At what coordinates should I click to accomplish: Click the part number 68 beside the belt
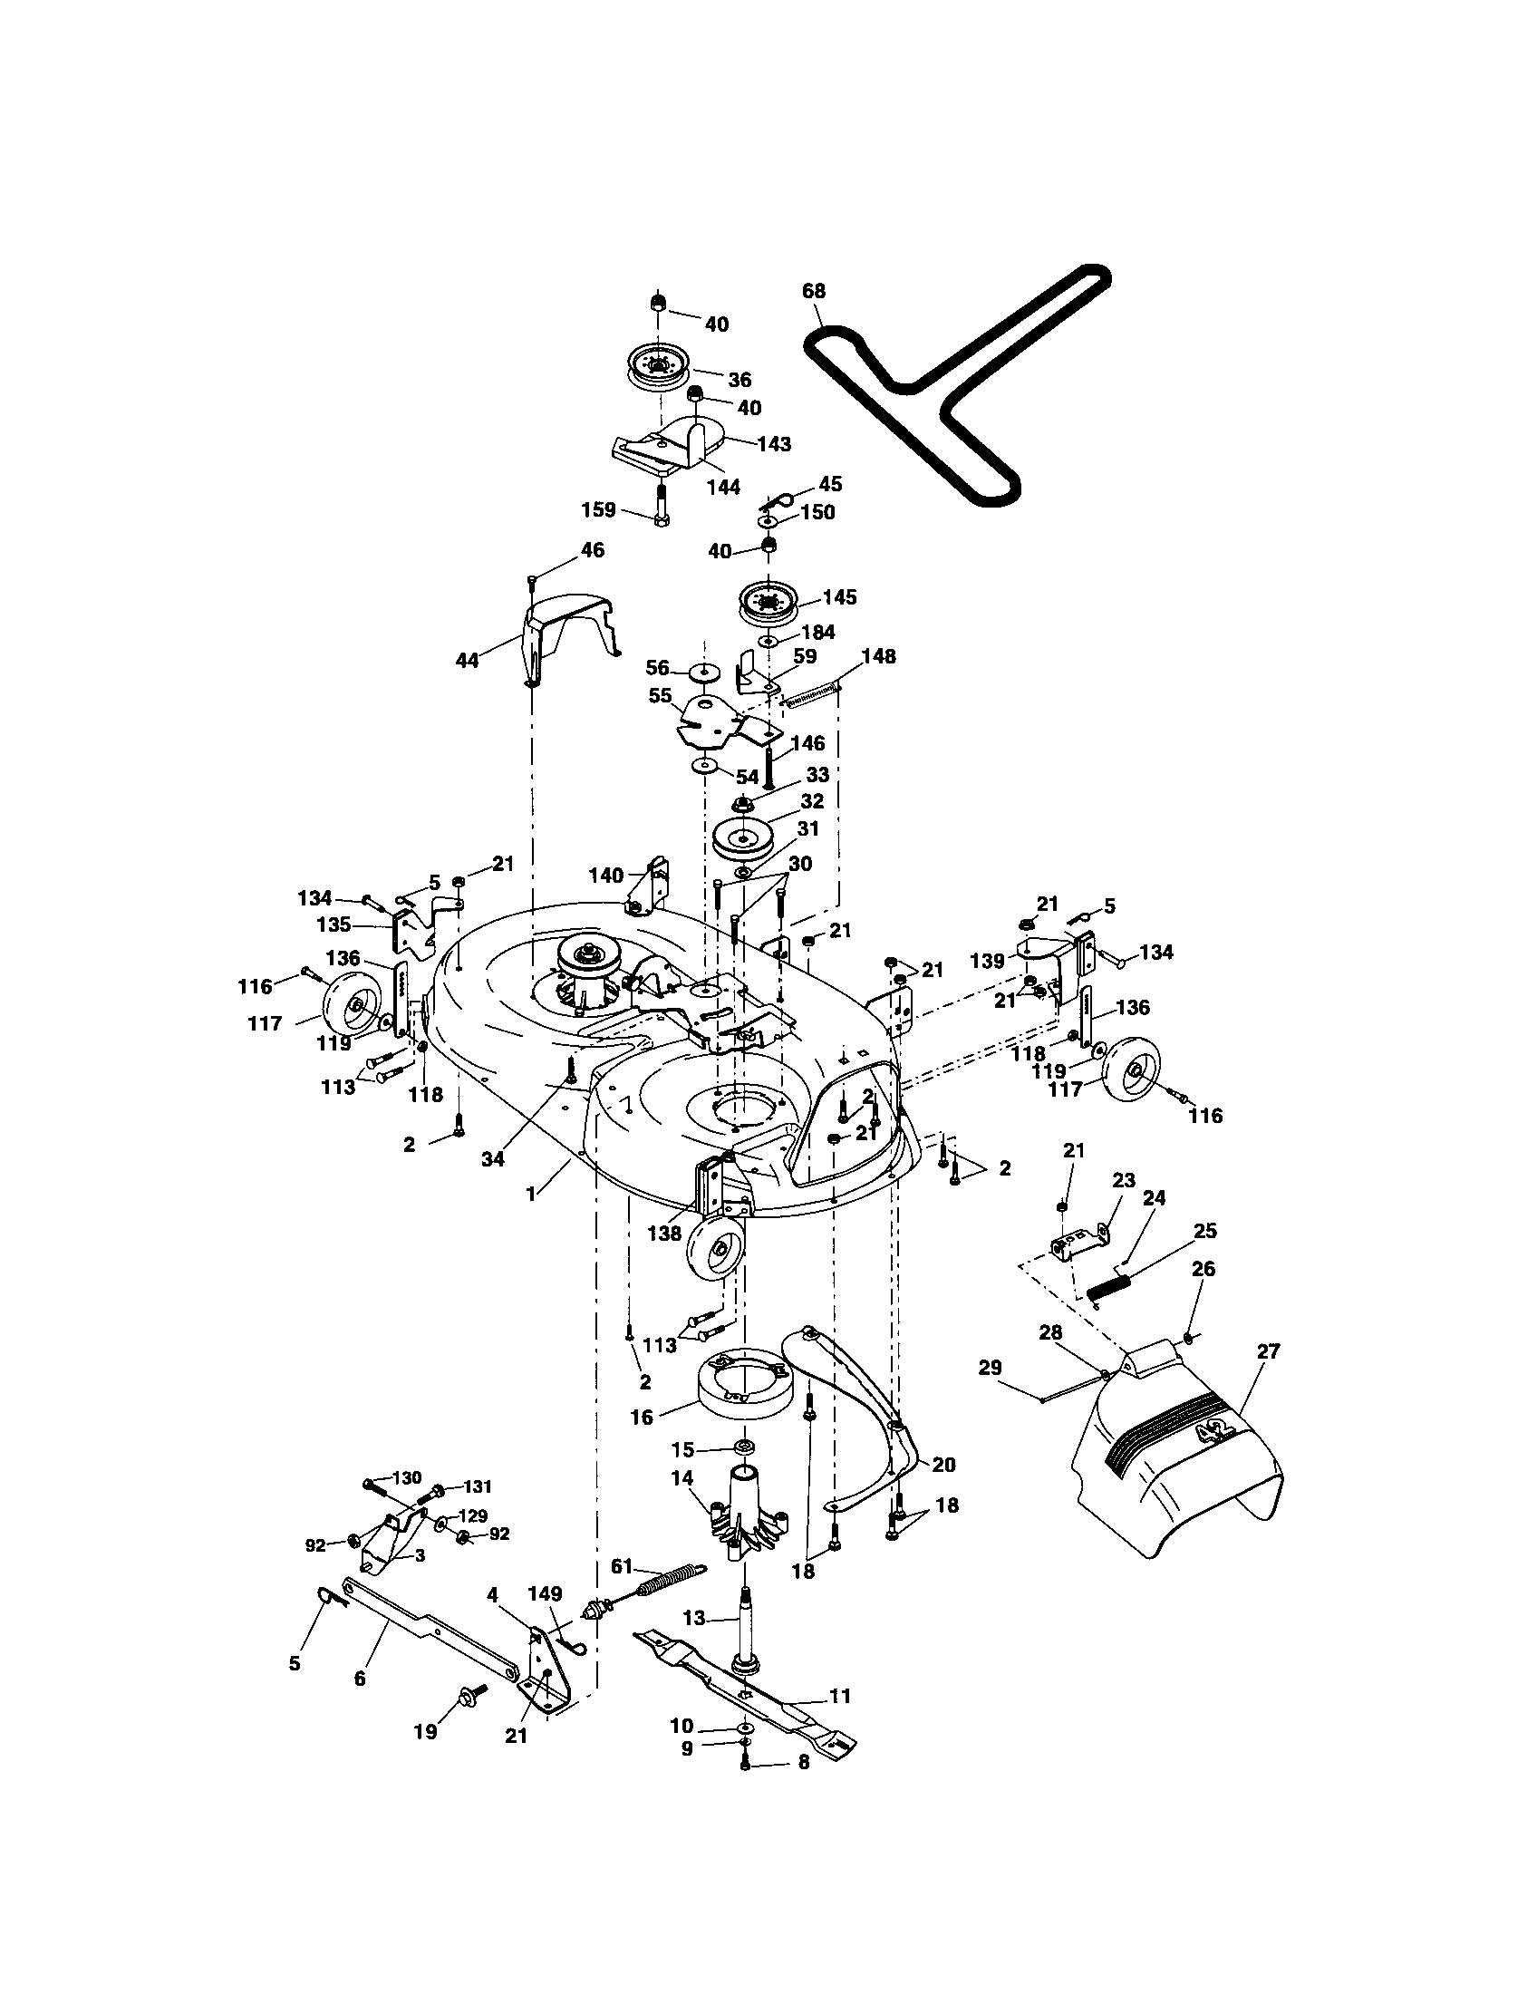(x=813, y=290)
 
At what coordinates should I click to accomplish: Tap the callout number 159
(x=599, y=509)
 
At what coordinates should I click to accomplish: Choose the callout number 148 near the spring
(x=878, y=656)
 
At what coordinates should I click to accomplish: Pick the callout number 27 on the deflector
(x=1269, y=1351)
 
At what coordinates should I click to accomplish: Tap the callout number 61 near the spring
(x=621, y=1567)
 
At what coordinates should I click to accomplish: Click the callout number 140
(x=606, y=875)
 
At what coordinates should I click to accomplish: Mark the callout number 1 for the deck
(x=531, y=1193)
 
